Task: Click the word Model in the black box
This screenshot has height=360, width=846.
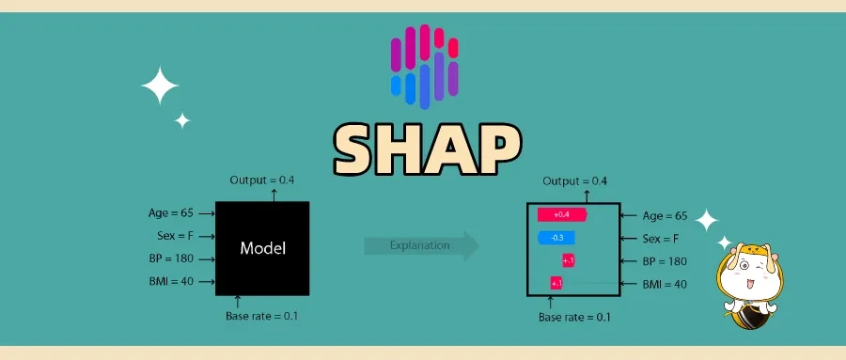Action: pyautogui.click(x=262, y=248)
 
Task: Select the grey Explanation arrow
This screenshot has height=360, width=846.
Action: pyautogui.click(x=421, y=246)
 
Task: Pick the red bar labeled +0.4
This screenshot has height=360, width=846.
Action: pyautogui.click(x=561, y=215)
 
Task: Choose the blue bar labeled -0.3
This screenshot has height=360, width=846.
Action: pyautogui.click(x=556, y=238)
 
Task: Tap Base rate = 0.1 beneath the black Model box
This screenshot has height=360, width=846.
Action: pyautogui.click(x=261, y=316)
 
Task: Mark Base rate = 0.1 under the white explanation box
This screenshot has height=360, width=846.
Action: pyautogui.click(x=573, y=317)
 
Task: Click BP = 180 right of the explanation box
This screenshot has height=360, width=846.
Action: pyautogui.click(x=664, y=261)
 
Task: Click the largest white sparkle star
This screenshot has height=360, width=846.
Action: pyautogui.click(x=160, y=87)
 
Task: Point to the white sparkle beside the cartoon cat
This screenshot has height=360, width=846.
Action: pyautogui.click(x=705, y=222)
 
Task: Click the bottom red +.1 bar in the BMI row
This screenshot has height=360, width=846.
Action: pyautogui.click(x=556, y=283)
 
